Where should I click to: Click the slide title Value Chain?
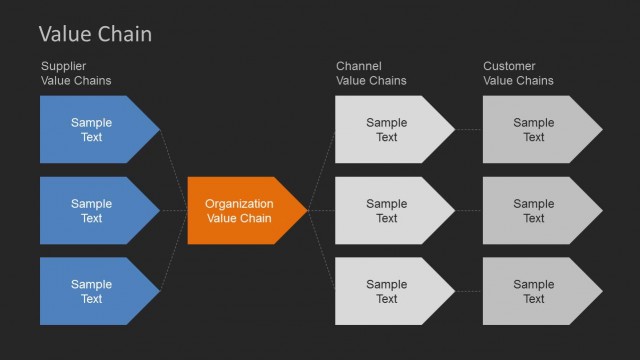[x=95, y=34]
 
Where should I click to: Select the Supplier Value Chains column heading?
[x=76, y=73]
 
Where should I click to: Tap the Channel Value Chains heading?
[x=372, y=73]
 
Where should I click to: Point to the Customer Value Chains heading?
[x=518, y=73]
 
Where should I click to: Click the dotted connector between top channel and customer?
[x=469, y=129]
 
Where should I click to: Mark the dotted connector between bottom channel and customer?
[x=469, y=291]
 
